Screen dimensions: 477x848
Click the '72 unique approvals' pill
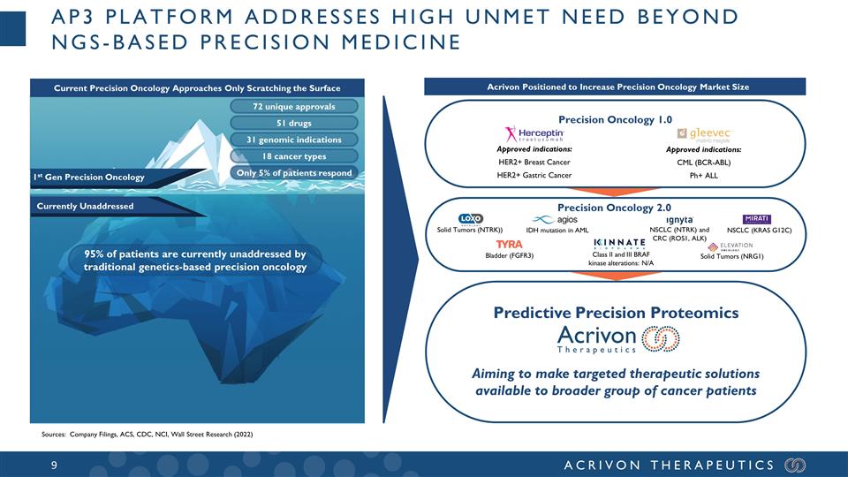(293, 107)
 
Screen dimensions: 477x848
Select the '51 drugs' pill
(293, 124)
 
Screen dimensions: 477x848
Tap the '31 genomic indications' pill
(293, 140)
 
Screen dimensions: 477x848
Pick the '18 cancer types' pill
(293, 156)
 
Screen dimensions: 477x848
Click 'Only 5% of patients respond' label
(293, 173)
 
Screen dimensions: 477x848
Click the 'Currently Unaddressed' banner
(84, 207)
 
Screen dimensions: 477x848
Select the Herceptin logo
(534, 134)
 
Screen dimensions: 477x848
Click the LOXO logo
(469, 219)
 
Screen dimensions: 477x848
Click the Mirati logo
(759, 219)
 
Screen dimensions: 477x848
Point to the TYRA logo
(509, 244)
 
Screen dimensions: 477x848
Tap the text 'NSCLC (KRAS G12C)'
(759, 231)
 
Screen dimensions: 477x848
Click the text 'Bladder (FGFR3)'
(510, 256)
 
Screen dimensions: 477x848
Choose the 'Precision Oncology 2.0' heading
(615, 206)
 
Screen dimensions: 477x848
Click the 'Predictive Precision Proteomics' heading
(615, 312)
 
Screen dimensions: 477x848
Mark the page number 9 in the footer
(54, 465)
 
